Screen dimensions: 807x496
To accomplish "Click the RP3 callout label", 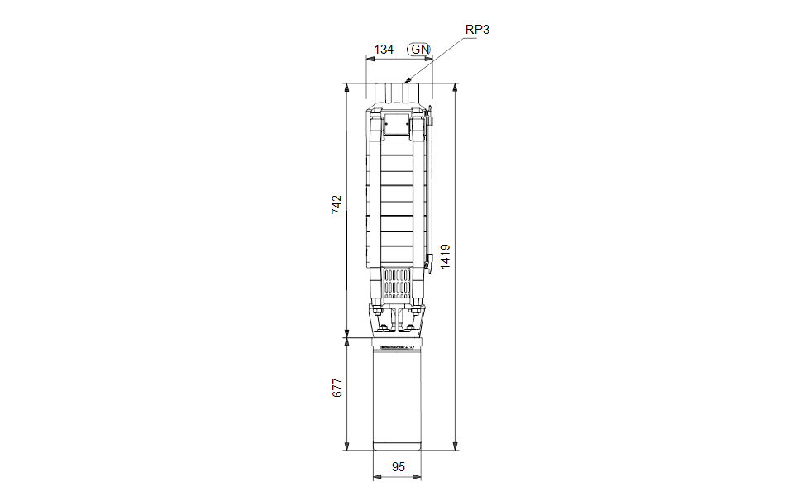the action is tap(477, 30).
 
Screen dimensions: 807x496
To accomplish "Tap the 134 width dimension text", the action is tap(384, 50).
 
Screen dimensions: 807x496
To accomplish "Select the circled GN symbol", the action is tap(419, 50).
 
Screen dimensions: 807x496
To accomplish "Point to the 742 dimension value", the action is tap(336, 204).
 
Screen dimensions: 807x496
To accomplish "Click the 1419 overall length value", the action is tap(445, 256).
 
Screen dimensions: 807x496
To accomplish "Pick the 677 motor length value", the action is tap(337, 388).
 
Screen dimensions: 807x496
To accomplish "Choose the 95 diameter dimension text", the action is tap(399, 467).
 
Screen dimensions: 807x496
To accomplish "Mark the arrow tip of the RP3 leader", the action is tap(406, 82).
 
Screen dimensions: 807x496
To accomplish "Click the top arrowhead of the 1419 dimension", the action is tap(456, 88).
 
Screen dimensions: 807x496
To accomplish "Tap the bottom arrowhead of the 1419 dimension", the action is tap(456, 446).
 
